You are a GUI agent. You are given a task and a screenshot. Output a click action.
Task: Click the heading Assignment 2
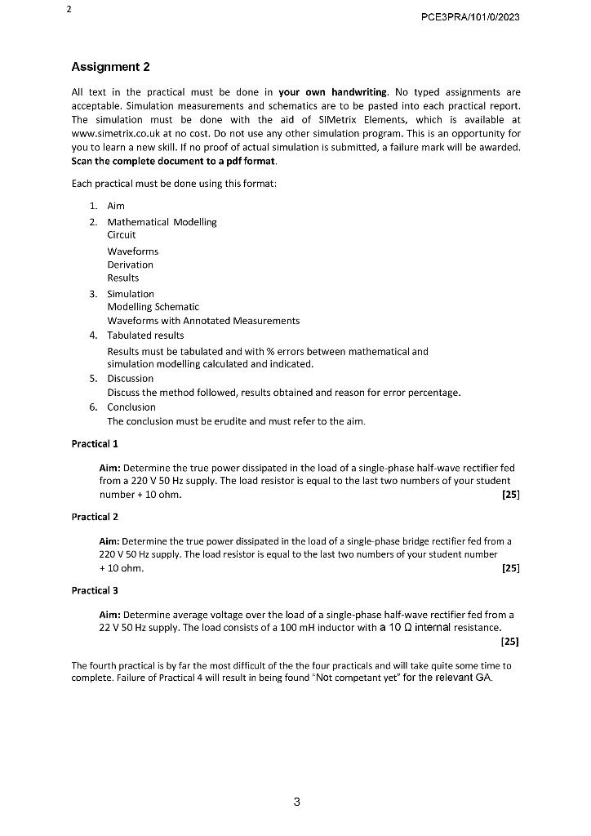pyautogui.click(x=111, y=66)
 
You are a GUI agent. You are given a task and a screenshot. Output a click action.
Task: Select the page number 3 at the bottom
pyautogui.click(x=296, y=802)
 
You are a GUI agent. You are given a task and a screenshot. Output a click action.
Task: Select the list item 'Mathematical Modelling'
pyautogui.click(x=162, y=222)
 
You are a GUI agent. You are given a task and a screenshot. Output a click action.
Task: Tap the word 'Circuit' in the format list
pyautogui.click(x=122, y=235)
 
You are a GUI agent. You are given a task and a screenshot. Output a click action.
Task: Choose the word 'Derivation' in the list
pyautogui.click(x=130, y=265)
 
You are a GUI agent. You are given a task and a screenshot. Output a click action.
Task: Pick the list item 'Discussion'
pyautogui.click(x=130, y=378)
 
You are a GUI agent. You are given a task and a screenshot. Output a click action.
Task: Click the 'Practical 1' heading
pyautogui.click(x=95, y=444)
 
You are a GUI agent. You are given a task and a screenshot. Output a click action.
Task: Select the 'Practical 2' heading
pyautogui.click(x=95, y=517)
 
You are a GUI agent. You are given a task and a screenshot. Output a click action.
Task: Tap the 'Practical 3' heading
pyautogui.click(x=95, y=590)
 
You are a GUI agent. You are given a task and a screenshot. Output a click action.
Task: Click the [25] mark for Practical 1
pyautogui.click(x=510, y=495)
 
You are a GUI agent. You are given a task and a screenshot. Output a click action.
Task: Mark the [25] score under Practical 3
pyautogui.click(x=510, y=641)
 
